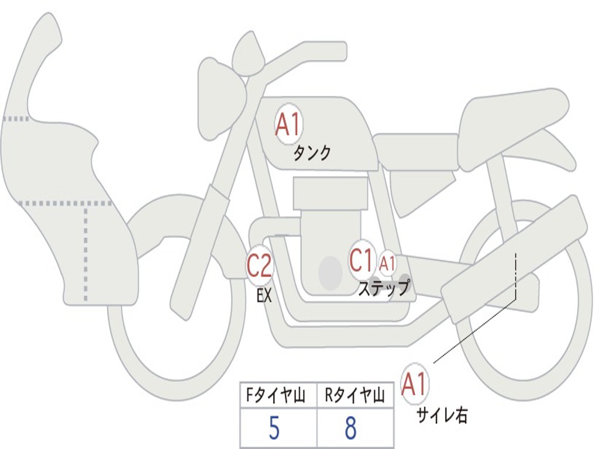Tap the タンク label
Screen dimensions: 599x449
(x=312, y=153)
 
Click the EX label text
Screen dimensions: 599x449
(x=264, y=296)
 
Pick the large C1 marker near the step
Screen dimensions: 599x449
(x=362, y=260)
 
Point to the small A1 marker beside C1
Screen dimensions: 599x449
(x=387, y=264)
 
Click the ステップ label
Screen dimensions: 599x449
(x=384, y=288)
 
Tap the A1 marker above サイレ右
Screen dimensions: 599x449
(x=415, y=385)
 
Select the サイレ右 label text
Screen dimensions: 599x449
(x=442, y=415)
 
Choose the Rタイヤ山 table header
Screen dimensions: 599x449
(x=354, y=396)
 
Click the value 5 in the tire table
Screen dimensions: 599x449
(x=274, y=429)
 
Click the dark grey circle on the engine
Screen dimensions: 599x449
(x=331, y=272)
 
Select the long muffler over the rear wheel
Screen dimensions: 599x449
(x=515, y=257)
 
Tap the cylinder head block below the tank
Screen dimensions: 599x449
(x=331, y=193)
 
